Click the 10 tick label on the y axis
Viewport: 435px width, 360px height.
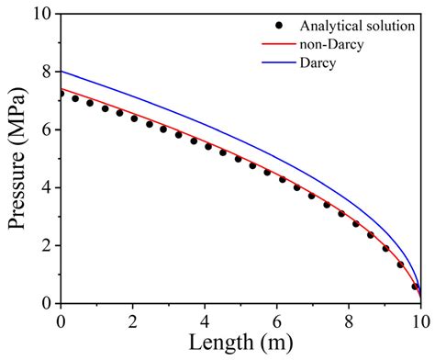[44, 14]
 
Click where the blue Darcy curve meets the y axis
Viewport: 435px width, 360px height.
[61, 72]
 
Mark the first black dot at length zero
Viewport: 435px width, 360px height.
[61, 94]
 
